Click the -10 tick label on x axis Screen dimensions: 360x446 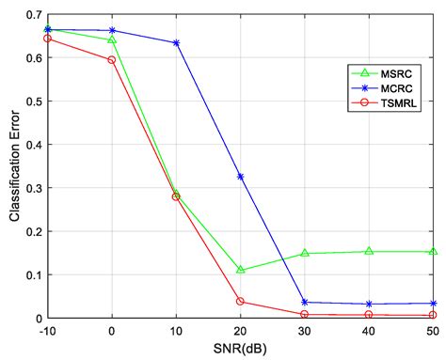[47, 331]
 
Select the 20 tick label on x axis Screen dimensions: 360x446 [241, 331]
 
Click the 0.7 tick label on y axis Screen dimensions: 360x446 [33, 14]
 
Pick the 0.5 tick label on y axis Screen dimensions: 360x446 [33, 101]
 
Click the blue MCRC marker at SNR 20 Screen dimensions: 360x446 [241, 177]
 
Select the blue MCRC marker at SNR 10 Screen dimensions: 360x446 [176, 43]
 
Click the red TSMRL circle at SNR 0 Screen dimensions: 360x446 [112, 59]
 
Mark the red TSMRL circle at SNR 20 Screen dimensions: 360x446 [241, 302]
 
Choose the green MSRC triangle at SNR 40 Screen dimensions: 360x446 [369, 251]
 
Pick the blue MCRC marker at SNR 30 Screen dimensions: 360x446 [305, 302]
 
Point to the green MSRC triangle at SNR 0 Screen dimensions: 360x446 [112, 40]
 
